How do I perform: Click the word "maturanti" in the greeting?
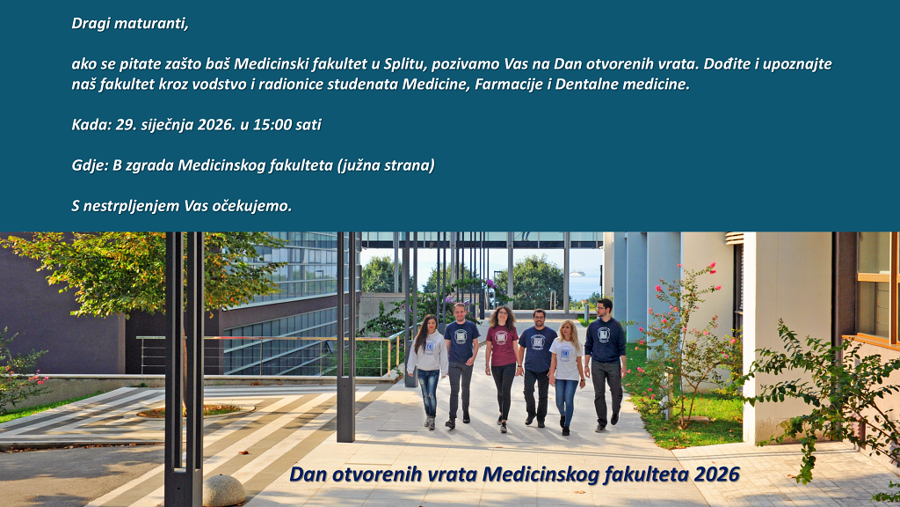pos(155,24)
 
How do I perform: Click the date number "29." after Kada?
pos(127,125)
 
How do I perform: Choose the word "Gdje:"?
pos(91,165)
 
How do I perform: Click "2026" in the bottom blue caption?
pos(716,474)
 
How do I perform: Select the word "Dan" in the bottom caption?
pos(308,474)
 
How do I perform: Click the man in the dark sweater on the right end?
pos(605,356)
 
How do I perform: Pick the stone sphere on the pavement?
pos(223,490)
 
